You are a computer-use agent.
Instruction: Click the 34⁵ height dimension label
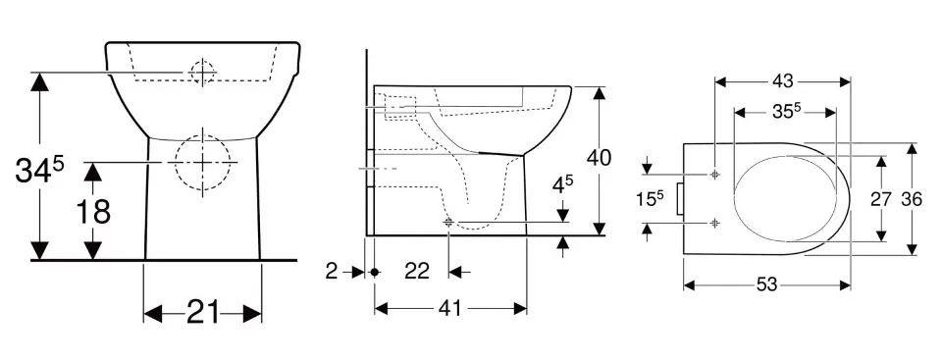[39, 171]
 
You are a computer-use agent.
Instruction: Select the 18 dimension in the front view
[93, 212]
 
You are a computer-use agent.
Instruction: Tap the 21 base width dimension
[202, 313]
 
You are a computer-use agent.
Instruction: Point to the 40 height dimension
[599, 158]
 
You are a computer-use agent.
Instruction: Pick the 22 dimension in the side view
[417, 272]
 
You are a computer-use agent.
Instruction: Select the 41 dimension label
[449, 308]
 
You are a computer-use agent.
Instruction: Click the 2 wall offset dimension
[331, 272]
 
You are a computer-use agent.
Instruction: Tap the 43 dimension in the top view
[783, 81]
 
